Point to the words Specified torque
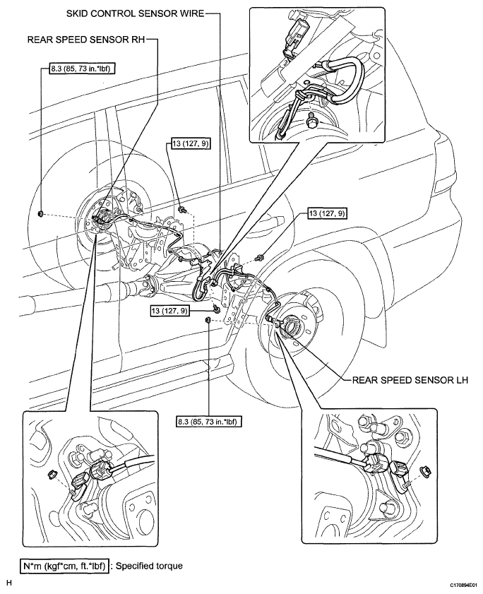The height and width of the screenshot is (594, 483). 150,566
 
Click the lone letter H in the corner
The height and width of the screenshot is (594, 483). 8,583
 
